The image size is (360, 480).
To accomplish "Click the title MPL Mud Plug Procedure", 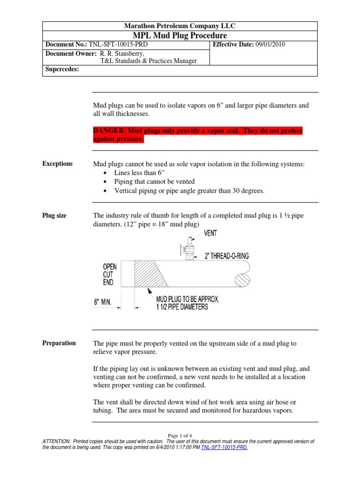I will coord(180,36).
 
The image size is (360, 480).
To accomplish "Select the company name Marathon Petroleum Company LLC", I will coord(180,26).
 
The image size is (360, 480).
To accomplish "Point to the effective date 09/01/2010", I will coord(270,45).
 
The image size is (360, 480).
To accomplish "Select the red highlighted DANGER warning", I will coord(198,135).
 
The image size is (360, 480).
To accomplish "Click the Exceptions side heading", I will coord(58,164).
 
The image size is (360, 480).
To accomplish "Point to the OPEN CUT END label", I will coord(110,274).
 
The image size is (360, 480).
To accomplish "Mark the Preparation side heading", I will coord(59,343).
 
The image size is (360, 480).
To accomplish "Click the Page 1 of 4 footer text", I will coord(180,435).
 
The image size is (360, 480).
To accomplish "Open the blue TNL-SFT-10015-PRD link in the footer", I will coord(224,448).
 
